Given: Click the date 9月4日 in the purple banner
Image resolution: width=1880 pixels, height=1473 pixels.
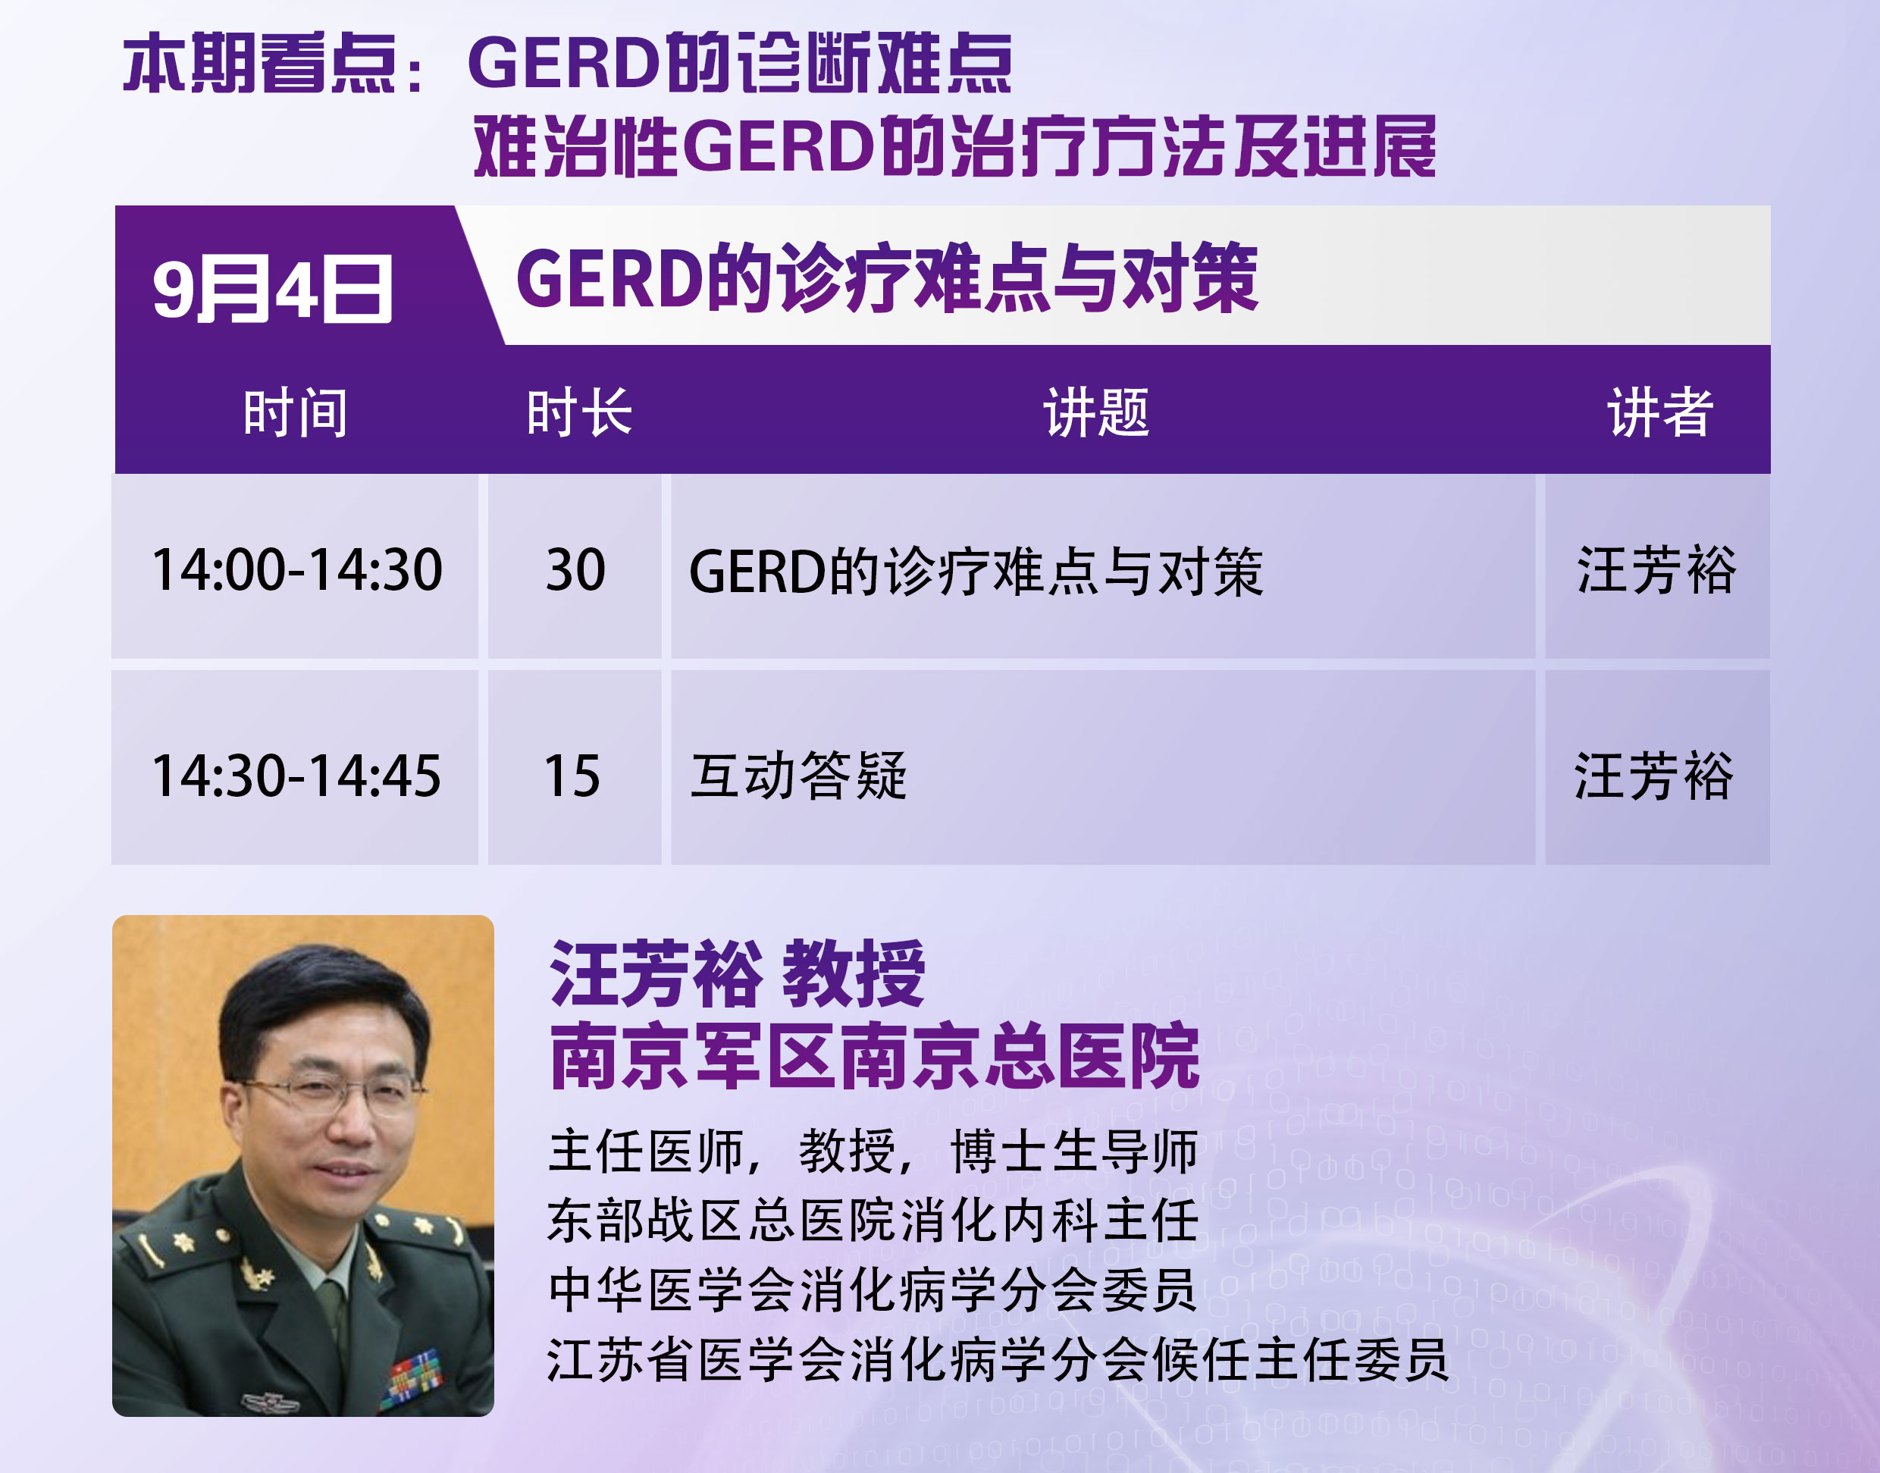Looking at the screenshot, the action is point(272,289).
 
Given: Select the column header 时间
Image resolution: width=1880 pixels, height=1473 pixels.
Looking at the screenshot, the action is point(296,412).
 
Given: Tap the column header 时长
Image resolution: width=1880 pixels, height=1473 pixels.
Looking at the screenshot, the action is point(579,412).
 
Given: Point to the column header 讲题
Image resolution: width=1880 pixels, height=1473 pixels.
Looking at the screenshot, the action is point(1097,412).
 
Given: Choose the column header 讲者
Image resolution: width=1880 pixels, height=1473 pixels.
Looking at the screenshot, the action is point(1660,412).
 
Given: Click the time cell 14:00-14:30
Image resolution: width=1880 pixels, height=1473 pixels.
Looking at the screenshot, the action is point(296,570).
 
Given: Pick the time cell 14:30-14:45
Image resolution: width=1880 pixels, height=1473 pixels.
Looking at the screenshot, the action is point(296,776).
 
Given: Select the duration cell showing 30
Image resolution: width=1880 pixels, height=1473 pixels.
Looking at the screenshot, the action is point(575,570).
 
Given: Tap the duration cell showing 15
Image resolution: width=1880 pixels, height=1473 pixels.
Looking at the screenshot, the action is point(572,776).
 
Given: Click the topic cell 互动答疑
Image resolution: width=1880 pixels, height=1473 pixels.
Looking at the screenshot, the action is point(798,776).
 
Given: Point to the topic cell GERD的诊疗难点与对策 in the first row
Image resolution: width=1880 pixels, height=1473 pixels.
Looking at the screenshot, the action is point(976,571).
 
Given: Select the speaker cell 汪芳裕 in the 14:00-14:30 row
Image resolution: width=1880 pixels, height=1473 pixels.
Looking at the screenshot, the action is point(1656,570).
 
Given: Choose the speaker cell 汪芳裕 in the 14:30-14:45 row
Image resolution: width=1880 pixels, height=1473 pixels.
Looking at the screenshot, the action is point(1654,776).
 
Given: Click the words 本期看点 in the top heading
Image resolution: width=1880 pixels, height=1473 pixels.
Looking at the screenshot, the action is point(259,63).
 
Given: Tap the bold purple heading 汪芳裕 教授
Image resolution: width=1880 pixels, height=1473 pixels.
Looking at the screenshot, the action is point(738,973).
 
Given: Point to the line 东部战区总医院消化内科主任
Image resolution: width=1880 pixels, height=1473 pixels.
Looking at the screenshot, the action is point(873,1221).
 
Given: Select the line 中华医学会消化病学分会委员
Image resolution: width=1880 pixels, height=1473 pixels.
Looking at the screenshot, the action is point(873,1290).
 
